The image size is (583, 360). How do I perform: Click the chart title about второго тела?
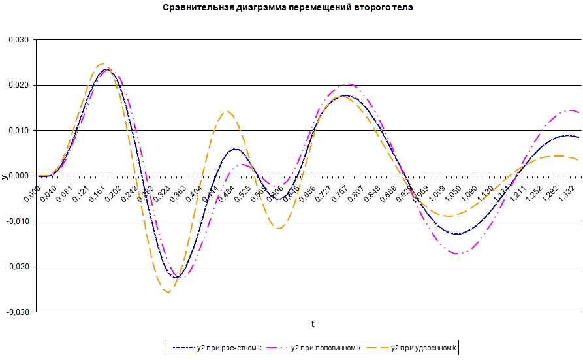(x=291, y=8)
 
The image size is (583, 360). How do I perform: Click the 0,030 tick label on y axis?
(x=18, y=40)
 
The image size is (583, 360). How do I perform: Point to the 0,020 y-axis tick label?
(x=18, y=85)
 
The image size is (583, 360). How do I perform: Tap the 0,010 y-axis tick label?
(x=18, y=131)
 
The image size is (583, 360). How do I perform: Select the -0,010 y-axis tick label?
(x=17, y=221)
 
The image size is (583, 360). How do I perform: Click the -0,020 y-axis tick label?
(x=17, y=267)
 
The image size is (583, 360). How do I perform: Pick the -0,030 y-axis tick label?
(x=17, y=312)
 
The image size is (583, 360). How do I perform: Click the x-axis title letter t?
(x=313, y=323)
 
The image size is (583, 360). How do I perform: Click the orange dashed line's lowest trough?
(x=168, y=292)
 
